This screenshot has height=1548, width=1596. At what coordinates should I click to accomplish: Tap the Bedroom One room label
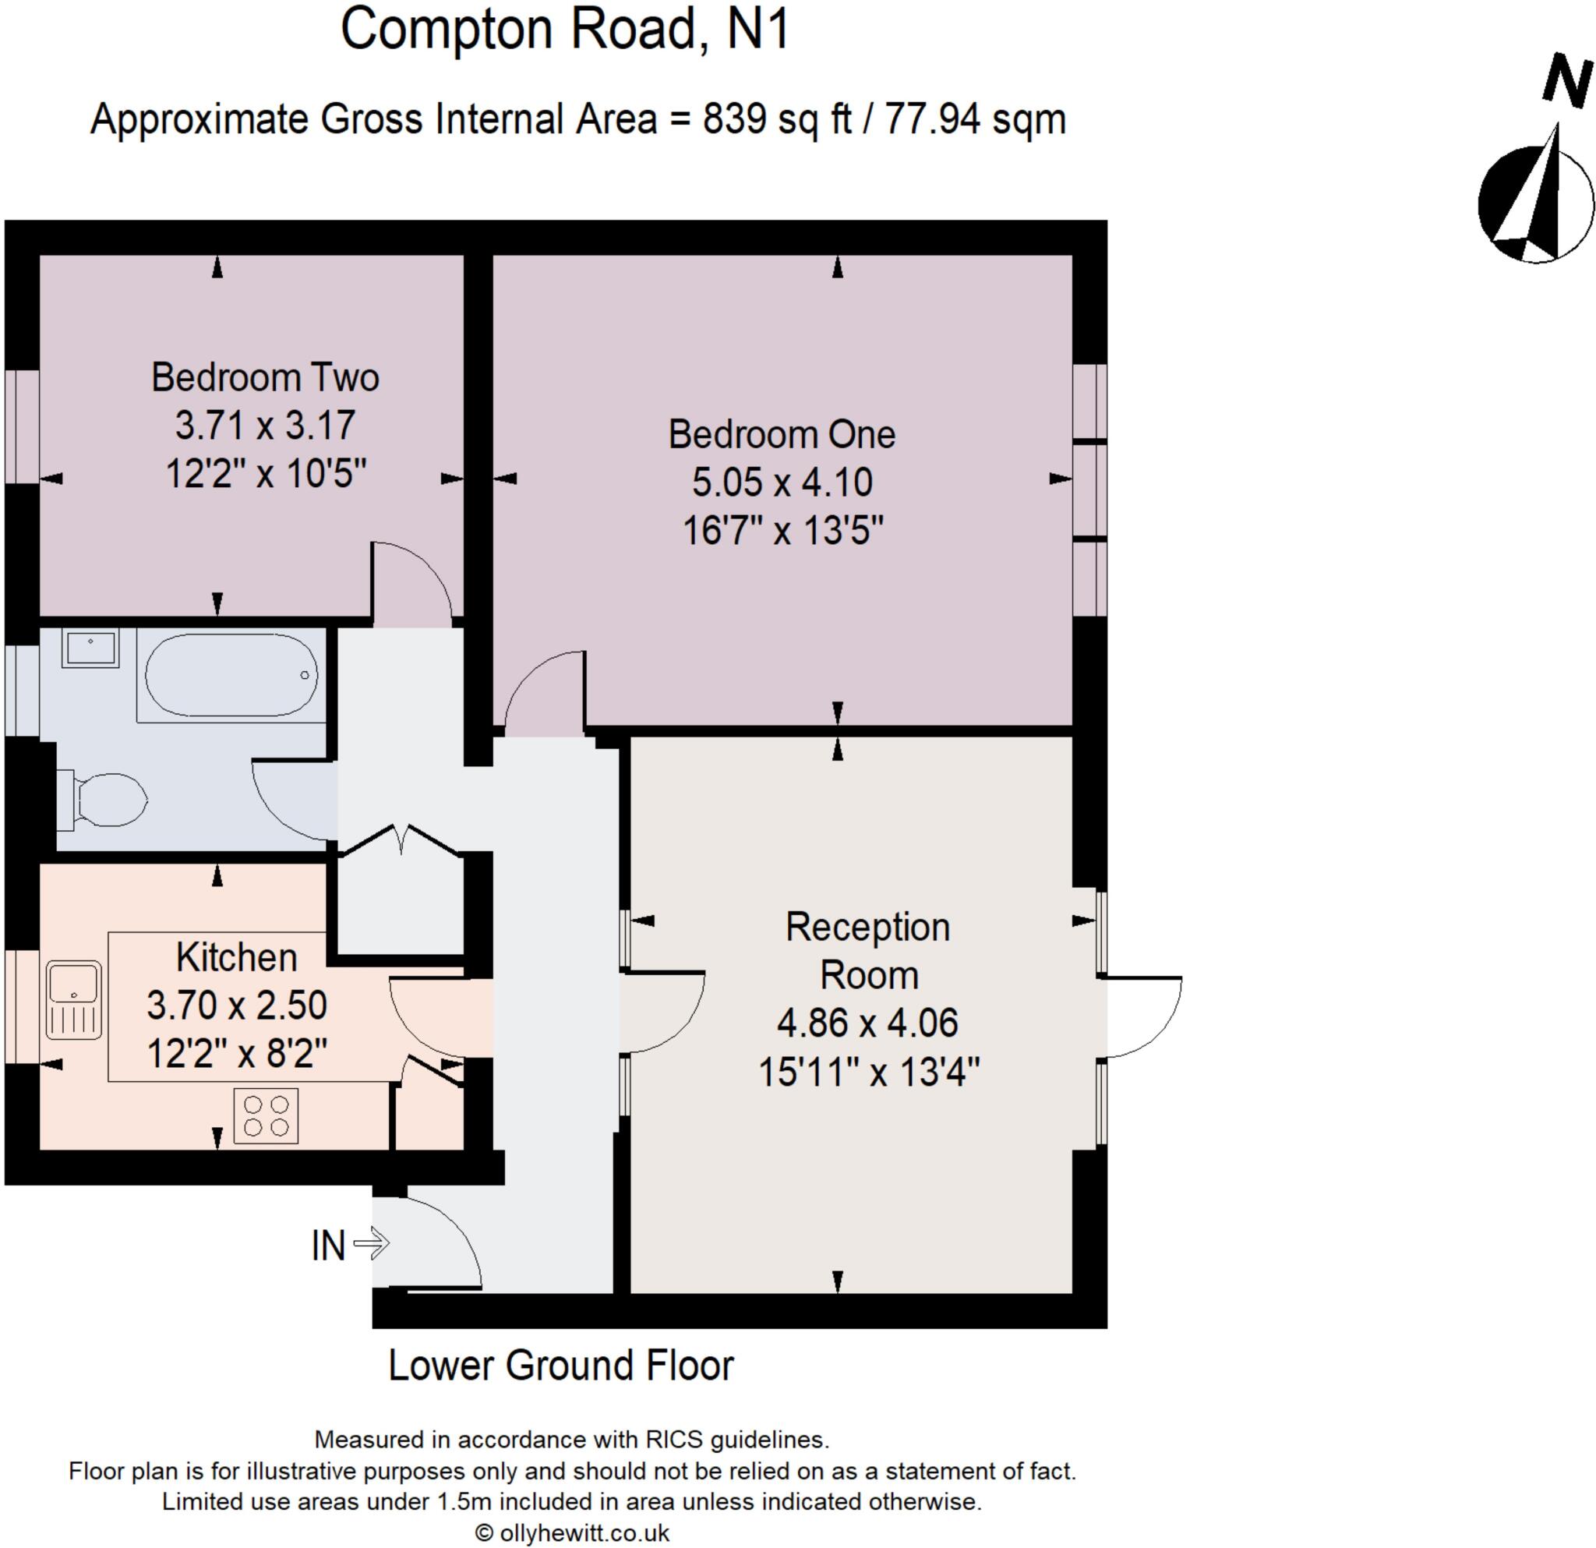click(x=781, y=435)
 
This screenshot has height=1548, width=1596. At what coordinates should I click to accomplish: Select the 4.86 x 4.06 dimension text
click(x=867, y=1023)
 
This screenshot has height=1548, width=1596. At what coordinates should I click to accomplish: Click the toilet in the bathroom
click(x=104, y=801)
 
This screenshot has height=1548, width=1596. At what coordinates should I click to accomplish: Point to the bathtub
click(x=231, y=675)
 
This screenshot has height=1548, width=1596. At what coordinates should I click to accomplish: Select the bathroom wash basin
click(x=90, y=649)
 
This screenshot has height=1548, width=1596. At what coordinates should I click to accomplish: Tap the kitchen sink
click(x=74, y=1000)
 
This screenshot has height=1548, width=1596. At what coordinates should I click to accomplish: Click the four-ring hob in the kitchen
click(x=267, y=1115)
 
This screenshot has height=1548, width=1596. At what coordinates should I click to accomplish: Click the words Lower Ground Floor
click(x=561, y=1366)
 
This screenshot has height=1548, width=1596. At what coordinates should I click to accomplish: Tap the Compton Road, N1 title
click(x=565, y=30)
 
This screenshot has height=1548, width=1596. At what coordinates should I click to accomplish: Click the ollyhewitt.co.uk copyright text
click(x=573, y=1532)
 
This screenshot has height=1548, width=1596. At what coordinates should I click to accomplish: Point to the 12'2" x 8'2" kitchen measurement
click(x=237, y=1055)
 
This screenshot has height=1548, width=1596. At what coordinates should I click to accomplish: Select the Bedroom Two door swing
click(x=412, y=583)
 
